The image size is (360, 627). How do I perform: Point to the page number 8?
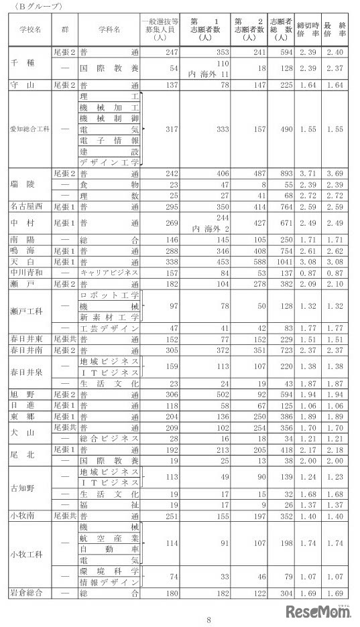209,620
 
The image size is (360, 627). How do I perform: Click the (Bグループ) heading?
34,5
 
